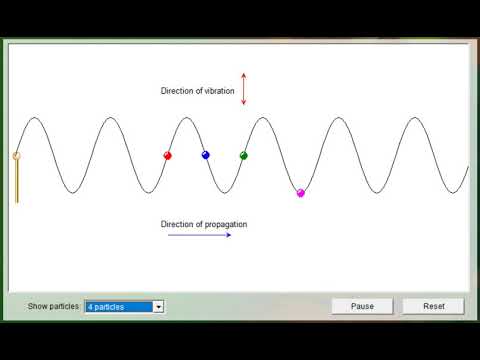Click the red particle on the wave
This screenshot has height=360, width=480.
(x=167, y=155)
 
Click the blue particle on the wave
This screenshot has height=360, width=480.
(x=205, y=155)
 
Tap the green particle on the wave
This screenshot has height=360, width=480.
(x=243, y=155)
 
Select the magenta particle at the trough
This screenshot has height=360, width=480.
(x=300, y=192)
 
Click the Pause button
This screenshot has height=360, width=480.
(x=362, y=306)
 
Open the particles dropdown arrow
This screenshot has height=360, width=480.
(x=158, y=306)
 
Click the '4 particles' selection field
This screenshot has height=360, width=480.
(x=118, y=306)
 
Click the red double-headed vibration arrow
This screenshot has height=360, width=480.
(x=243, y=89)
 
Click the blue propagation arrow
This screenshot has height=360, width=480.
(x=199, y=235)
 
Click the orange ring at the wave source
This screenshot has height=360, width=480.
(x=16, y=155)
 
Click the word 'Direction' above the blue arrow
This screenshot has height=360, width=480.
(x=178, y=224)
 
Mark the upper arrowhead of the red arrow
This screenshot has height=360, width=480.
(x=243, y=75)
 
